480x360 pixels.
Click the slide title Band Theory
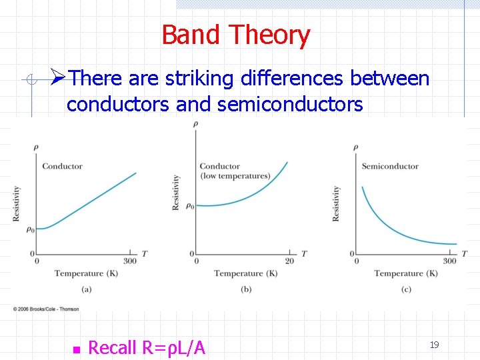click(x=235, y=35)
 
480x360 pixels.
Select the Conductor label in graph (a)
click(x=62, y=166)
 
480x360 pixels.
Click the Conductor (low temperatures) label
click(x=234, y=171)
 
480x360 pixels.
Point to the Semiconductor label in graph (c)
click(x=390, y=166)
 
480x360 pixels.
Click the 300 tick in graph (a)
click(x=130, y=261)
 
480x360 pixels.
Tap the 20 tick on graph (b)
click(x=289, y=261)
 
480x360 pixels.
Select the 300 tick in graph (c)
click(x=450, y=261)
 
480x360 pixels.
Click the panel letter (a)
click(x=87, y=289)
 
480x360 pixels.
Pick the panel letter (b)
click(x=246, y=289)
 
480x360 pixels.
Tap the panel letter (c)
click(x=406, y=289)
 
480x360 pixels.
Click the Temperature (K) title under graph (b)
click(x=245, y=273)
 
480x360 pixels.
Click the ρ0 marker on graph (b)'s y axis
click(x=189, y=206)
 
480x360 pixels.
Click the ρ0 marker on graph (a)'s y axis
click(x=29, y=229)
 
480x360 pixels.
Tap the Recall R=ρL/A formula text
click(x=147, y=347)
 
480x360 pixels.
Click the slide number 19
click(x=434, y=345)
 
